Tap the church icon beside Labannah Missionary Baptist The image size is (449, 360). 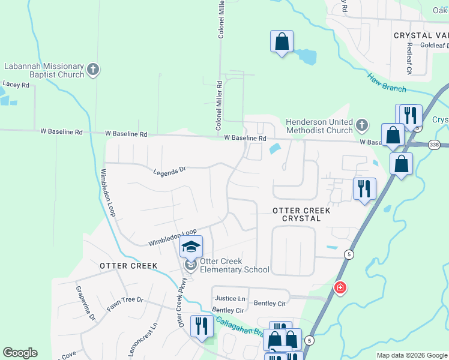93,70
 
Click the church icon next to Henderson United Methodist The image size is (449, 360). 361,125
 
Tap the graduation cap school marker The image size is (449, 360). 191,247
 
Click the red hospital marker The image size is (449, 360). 340,289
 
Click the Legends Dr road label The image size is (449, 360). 170,171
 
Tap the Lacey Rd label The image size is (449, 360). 16,85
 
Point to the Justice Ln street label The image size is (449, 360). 230,298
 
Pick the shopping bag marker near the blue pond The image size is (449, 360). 282,42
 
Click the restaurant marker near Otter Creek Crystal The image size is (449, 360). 364,189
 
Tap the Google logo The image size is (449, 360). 20,353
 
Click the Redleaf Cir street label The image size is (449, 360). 408,58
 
